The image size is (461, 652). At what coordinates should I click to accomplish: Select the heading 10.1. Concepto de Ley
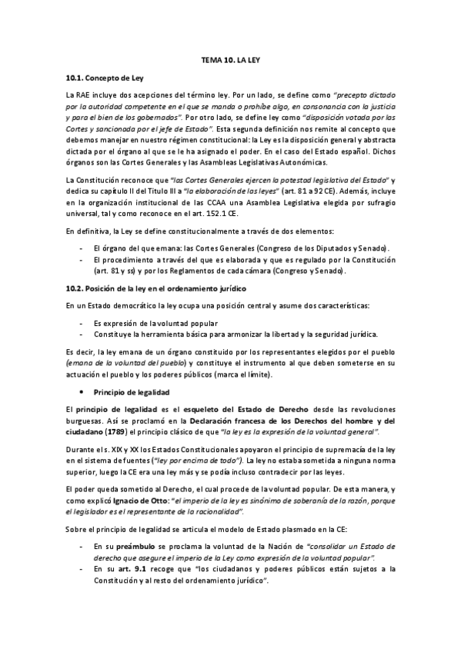click(104, 78)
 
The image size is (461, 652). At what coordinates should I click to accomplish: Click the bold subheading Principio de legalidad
click(127, 391)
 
